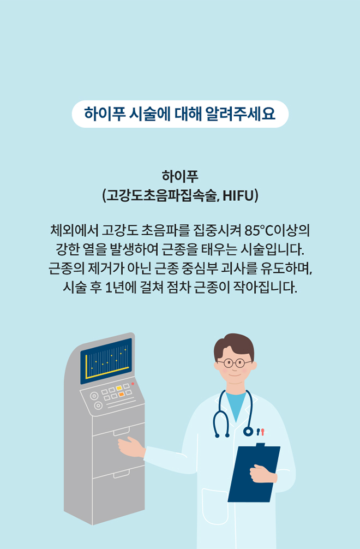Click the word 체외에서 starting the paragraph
pyautogui.click(x=73, y=228)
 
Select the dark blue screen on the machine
pyautogui.click(x=106, y=360)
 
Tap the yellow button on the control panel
pyautogui.click(x=118, y=388)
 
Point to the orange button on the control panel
pyautogui.click(x=122, y=394)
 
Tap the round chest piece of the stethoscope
pyautogui.click(x=248, y=432)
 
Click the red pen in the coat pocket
pyautogui.click(x=262, y=432)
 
